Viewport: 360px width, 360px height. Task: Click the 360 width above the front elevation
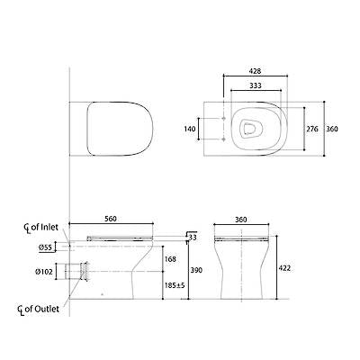point(240,217)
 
